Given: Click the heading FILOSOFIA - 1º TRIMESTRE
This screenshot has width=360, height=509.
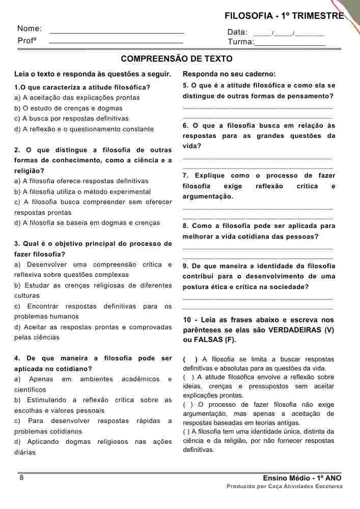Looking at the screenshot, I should [284, 16].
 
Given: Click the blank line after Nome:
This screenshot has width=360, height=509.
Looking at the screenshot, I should [116, 32].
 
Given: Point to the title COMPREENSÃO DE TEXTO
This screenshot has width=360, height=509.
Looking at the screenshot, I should [177, 59].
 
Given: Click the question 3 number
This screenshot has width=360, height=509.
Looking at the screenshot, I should [17, 243].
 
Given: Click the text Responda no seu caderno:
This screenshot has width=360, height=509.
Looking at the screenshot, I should [229, 74].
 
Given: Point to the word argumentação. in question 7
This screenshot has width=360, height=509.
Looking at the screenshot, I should [208, 196].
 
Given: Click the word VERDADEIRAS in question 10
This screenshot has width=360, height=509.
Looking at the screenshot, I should [288, 330].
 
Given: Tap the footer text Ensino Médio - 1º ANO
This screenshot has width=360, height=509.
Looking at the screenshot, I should [302, 478].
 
